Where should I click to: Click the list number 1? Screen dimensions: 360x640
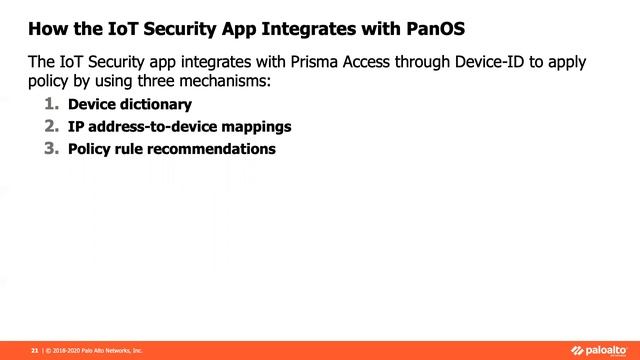tap(52, 104)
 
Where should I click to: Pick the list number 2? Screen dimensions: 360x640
tap(52, 126)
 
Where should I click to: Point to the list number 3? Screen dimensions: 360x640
tap(52, 149)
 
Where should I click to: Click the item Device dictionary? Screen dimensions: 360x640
tap(129, 104)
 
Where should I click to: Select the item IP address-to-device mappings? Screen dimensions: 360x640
tap(180, 127)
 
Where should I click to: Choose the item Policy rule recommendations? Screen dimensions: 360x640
tap(171, 149)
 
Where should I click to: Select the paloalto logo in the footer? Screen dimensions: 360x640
tap(600, 350)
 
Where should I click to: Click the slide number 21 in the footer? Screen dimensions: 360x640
tap(35, 351)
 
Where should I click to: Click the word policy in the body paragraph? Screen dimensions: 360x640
tap(48, 82)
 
